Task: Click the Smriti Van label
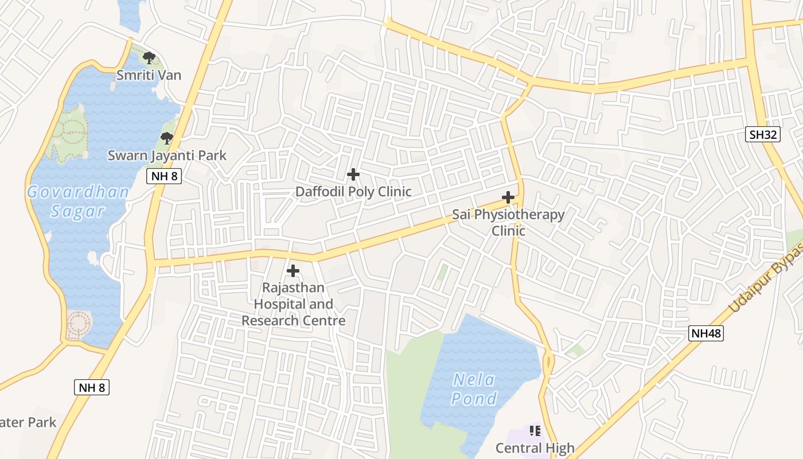149,75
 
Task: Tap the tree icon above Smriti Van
149,57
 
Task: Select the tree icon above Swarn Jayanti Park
167,138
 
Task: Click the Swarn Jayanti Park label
167,155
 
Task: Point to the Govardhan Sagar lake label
78,201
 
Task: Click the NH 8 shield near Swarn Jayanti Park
165,176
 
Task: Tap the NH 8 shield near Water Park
92,387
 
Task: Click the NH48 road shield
706,333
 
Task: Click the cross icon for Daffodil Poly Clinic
353,174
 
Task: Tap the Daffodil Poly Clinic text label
353,192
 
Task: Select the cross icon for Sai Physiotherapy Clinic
508,197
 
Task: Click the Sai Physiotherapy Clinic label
508,223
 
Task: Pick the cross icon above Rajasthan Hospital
293,270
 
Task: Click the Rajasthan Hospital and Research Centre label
293,304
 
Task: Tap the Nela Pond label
474,388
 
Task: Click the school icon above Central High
535,430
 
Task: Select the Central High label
535,448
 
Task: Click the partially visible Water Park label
28,423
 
